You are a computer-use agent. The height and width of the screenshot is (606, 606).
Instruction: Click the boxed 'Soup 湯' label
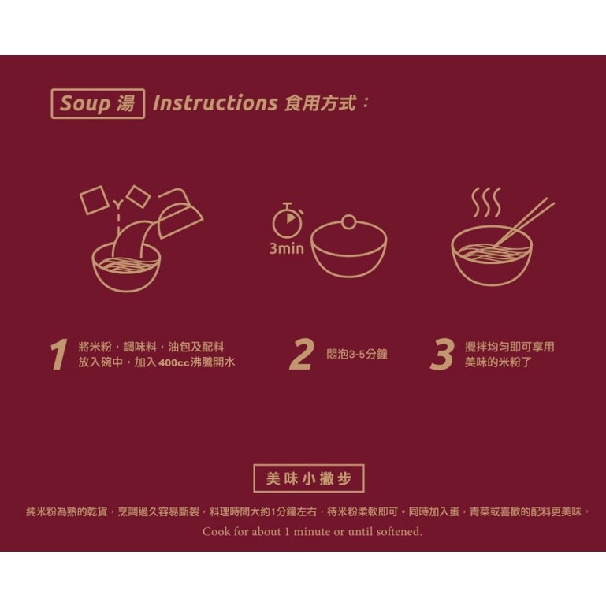[98, 103]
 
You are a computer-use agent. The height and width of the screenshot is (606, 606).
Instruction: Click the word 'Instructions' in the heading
[215, 103]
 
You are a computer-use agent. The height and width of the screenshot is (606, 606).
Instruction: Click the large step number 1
[60, 355]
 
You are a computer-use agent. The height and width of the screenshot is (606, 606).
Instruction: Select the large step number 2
[302, 355]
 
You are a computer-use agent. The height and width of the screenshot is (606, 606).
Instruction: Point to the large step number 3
[442, 355]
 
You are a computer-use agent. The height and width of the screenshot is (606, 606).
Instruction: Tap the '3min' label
[286, 248]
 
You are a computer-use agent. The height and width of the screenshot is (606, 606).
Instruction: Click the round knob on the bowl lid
[348, 222]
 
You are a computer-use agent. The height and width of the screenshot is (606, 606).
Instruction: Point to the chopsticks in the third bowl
[522, 223]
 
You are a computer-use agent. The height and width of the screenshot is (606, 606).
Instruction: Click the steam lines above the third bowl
[486, 203]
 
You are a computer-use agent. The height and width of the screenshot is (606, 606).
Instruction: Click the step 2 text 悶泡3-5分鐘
[357, 354]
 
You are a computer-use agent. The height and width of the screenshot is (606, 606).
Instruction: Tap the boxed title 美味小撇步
[309, 478]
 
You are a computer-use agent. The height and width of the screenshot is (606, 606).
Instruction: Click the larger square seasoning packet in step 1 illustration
[94, 200]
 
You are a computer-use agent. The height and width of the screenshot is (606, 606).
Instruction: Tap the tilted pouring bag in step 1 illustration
[180, 214]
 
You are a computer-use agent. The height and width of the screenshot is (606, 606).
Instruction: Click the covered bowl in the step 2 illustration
[348, 248]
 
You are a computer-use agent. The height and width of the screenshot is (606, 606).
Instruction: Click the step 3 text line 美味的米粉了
[498, 362]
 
